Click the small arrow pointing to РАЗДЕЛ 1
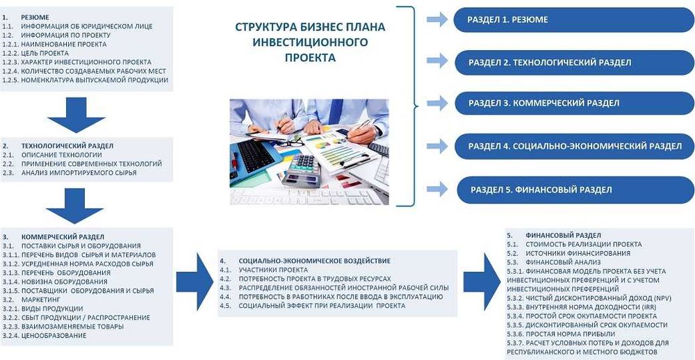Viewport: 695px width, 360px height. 436,19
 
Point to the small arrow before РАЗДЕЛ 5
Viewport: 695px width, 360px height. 436,188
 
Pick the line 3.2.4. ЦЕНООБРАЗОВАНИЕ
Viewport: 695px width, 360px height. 44,336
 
